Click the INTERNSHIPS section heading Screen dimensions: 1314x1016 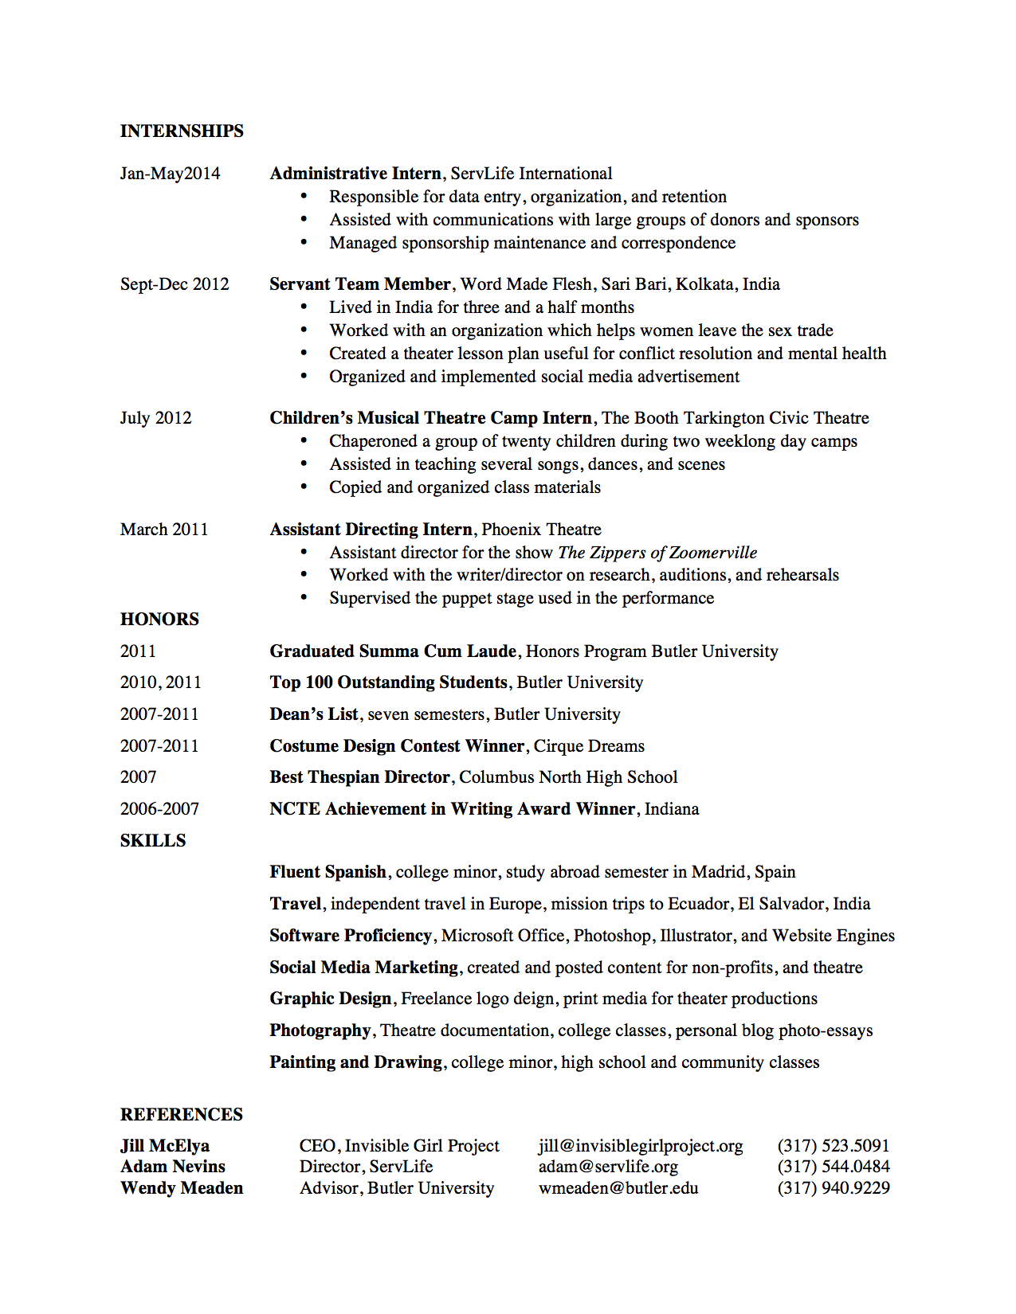point(182,131)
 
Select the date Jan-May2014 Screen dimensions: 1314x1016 point(170,174)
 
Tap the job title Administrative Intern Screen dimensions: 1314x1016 point(355,174)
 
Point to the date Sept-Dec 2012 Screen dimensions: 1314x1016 point(175,284)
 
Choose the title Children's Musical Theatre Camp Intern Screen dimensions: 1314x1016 point(430,418)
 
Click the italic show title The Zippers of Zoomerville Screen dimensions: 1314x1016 point(657,553)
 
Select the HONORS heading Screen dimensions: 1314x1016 point(159,620)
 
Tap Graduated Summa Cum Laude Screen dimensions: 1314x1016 point(393,651)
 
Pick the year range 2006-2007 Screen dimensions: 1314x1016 point(159,809)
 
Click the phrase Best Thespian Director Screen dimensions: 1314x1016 point(359,777)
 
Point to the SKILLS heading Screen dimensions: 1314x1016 point(153,841)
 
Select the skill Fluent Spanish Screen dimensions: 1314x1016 point(328,872)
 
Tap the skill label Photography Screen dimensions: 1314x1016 point(320,1030)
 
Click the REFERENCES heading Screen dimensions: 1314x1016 point(182,1115)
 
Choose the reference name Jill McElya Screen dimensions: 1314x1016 point(165,1146)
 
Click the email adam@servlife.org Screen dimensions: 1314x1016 point(608,1167)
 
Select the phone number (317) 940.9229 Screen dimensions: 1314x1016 point(834,1188)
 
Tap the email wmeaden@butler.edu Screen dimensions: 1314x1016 point(618,1188)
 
